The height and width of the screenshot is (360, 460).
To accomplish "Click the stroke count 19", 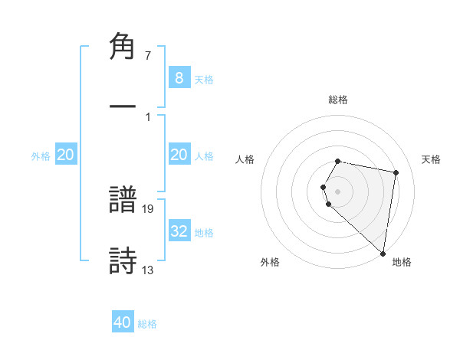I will click(x=148, y=208).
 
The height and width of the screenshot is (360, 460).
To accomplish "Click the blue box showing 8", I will click(x=179, y=78).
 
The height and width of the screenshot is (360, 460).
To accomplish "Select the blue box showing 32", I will click(x=179, y=231).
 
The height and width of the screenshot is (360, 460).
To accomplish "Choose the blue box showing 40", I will click(x=123, y=322).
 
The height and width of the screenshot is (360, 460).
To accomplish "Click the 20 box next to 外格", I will click(x=65, y=155).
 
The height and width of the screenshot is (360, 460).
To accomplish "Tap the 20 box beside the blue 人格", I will click(x=179, y=155).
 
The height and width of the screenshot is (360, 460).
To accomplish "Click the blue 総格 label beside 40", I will click(x=147, y=324).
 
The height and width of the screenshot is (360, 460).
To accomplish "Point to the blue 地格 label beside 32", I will click(x=204, y=233).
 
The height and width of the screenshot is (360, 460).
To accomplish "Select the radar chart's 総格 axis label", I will click(x=338, y=100).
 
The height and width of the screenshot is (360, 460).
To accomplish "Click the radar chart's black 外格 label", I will click(x=270, y=262).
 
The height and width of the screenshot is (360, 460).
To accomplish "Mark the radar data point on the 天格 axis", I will click(x=396, y=172).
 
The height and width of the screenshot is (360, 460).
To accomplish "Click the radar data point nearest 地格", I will click(x=383, y=253).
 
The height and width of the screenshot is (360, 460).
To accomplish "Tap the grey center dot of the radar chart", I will click(x=338, y=191).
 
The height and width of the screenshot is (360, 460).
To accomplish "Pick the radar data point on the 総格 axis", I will click(x=338, y=161).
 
